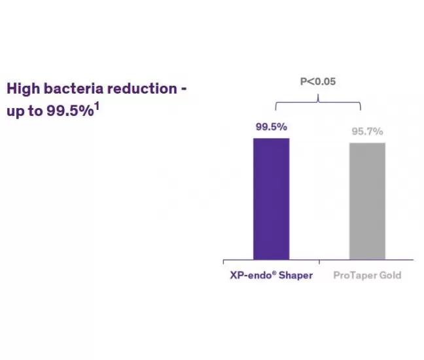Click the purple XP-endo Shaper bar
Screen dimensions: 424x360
(272, 199)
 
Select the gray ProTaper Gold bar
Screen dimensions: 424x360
(367, 201)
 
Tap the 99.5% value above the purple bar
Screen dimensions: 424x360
(272, 126)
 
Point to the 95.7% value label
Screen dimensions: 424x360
(367, 132)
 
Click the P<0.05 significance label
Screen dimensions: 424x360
(318, 81)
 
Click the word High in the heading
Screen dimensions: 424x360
(24, 89)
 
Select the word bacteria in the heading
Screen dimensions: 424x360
(73, 88)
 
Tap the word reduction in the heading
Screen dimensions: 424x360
(142, 88)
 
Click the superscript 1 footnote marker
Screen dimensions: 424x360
(97, 106)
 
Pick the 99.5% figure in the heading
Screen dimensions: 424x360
(70, 111)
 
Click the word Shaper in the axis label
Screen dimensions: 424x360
(296, 276)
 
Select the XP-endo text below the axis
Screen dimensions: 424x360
(251, 276)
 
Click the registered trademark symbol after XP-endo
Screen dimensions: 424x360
(274, 273)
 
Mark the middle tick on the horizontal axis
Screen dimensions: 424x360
(319, 262)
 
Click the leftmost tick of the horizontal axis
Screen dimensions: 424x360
(223, 262)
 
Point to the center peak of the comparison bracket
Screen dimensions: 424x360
(318, 94)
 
